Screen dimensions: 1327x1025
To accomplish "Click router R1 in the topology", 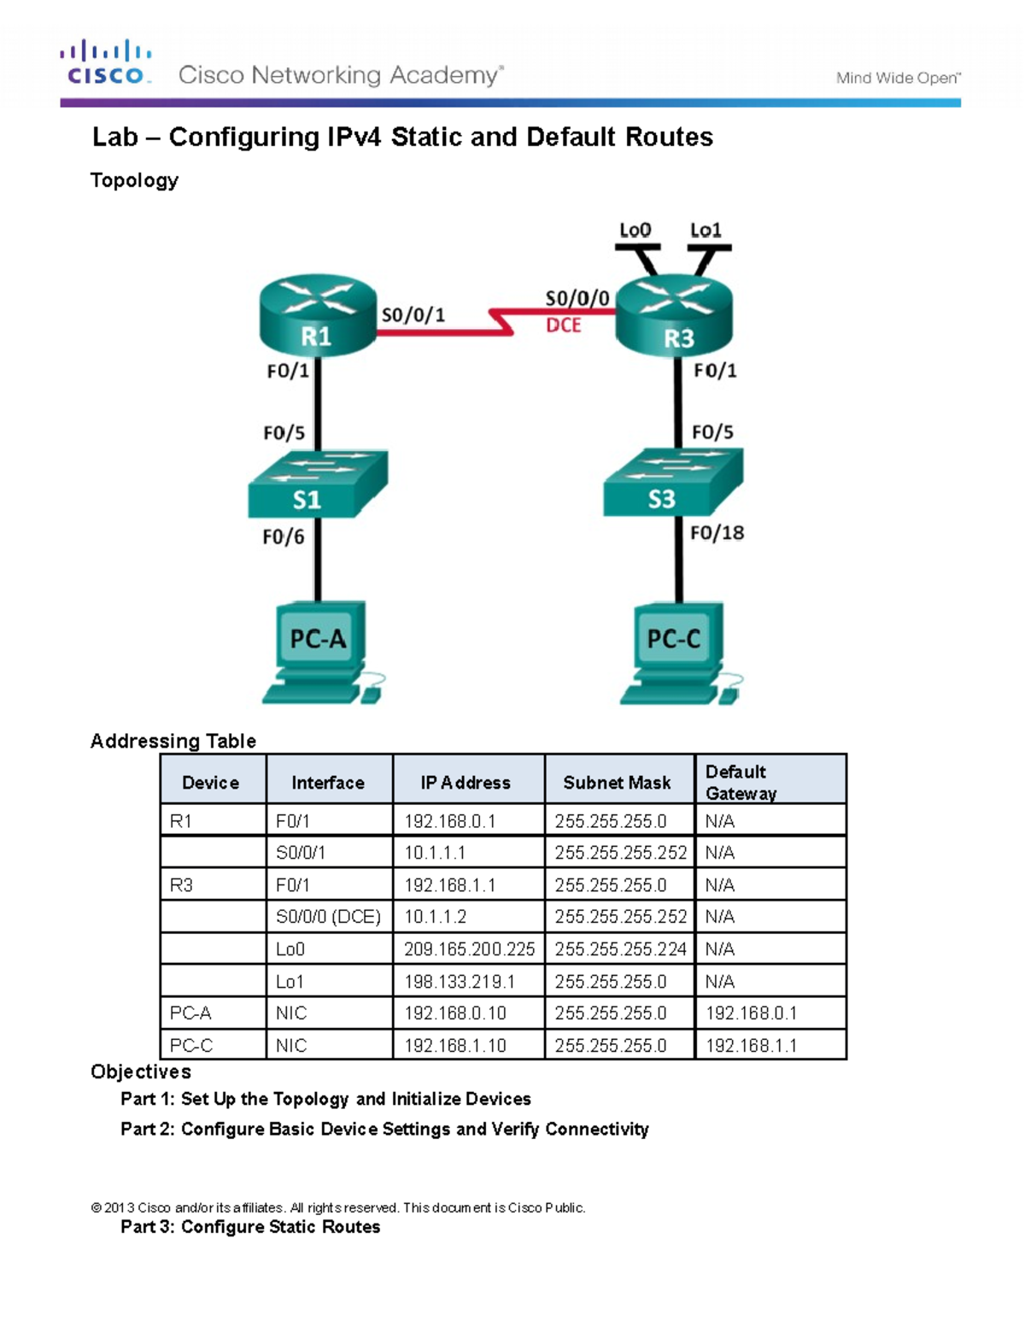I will [317, 315].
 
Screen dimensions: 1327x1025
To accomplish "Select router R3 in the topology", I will [675, 316].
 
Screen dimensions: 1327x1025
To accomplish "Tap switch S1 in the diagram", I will [316, 484].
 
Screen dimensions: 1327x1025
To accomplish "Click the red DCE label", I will [563, 326].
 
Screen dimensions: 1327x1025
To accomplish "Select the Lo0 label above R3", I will [635, 230].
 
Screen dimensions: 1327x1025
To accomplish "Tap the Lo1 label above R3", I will [706, 230].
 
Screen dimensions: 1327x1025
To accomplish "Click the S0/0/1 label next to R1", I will [413, 315].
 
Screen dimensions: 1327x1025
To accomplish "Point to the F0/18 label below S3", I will [717, 533].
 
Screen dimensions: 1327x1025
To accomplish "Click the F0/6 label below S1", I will [284, 537].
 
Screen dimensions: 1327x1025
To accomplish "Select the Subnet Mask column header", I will [617, 783].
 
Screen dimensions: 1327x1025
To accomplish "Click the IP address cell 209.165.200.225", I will [469, 949].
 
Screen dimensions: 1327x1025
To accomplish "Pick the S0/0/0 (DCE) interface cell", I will [328, 917].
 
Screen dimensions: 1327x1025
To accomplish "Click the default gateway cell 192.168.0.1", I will [752, 1013].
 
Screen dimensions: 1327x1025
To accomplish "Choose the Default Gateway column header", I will [741, 782].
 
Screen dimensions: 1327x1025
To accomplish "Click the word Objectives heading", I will [141, 1072].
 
